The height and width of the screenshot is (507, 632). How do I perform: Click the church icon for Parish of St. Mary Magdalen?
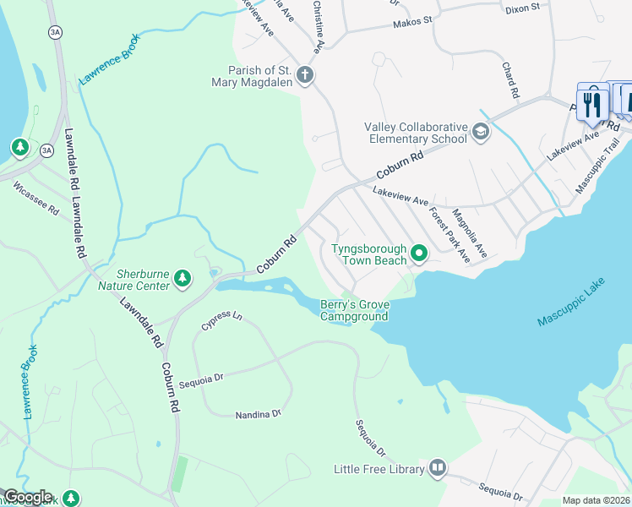coord(305,76)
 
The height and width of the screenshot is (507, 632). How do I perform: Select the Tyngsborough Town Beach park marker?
coord(418,253)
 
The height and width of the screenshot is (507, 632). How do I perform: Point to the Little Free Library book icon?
coord(438,467)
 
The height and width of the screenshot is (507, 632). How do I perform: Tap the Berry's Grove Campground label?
coord(354,311)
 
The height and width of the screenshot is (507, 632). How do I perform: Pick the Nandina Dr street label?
coord(258,414)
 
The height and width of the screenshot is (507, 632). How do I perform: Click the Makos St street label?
coord(412,21)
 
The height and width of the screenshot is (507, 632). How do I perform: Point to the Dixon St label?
coord(521,8)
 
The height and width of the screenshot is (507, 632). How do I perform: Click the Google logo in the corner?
coord(27,497)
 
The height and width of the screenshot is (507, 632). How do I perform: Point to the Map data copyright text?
coord(596,500)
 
